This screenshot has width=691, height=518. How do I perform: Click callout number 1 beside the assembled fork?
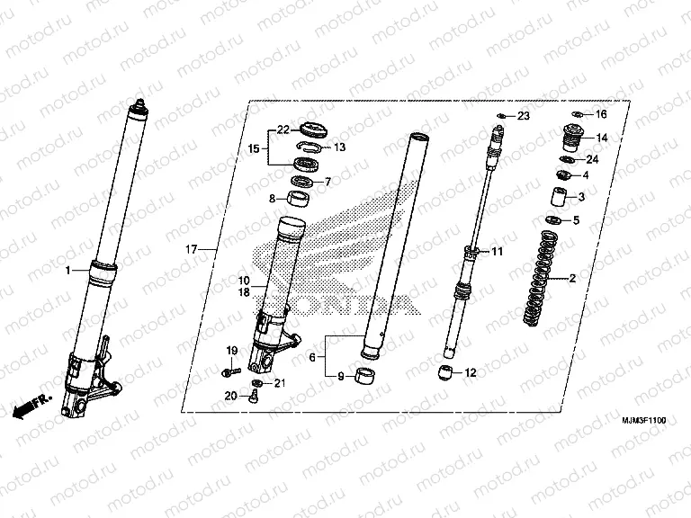[67, 270]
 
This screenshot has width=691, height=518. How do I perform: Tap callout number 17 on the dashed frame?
[191, 248]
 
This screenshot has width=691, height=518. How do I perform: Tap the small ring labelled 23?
[501, 117]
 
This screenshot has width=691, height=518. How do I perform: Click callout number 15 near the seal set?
[254, 148]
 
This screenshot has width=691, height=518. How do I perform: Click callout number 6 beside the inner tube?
[312, 357]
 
